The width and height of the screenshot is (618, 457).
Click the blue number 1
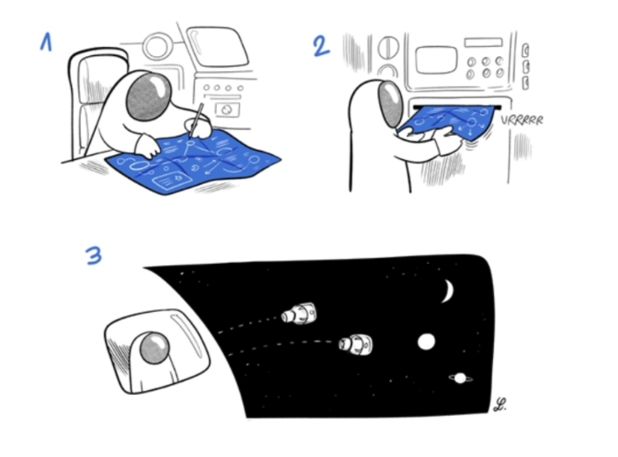[46, 42]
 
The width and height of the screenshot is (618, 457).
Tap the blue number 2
[321, 46]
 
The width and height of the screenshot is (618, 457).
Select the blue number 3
[94, 255]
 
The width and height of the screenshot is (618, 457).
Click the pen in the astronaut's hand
[196, 120]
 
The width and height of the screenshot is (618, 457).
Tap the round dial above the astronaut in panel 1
[157, 46]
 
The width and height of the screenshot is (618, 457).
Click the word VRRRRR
[522, 120]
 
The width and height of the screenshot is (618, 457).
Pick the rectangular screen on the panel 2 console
[435, 60]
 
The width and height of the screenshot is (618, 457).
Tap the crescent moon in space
[449, 291]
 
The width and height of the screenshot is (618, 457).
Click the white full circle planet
[426, 341]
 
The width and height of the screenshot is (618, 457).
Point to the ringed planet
[460, 378]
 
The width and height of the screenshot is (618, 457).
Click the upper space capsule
[299, 313]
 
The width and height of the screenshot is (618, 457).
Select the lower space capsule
[356, 345]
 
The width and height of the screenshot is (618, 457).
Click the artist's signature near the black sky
[500, 405]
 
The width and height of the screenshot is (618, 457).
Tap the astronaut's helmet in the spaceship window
[154, 347]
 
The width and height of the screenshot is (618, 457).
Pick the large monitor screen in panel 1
[217, 46]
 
